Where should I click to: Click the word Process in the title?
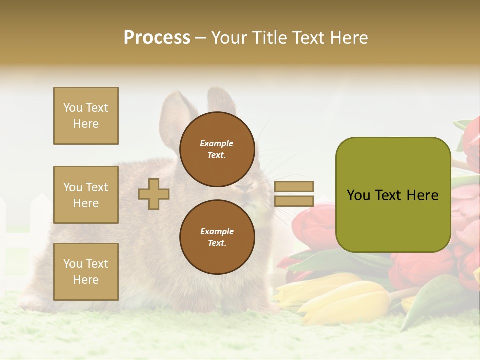(157, 38)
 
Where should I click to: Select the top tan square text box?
(86, 116)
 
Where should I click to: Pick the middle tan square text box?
(86, 195)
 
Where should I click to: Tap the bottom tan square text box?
(86, 271)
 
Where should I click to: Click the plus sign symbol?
(154, 194)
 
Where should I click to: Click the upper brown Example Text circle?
(217, 149)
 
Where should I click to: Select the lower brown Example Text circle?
(217, 237)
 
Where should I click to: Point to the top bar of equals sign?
(294, 186)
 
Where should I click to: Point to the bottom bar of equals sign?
(294, 201)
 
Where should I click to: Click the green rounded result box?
(393, 195)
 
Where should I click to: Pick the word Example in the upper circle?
(217, 143)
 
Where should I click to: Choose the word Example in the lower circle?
(217, 231)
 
